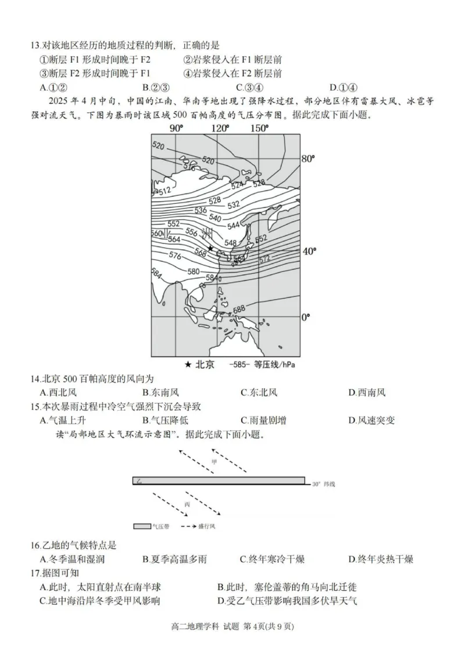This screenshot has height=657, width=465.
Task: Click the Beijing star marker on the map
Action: pos(210,248)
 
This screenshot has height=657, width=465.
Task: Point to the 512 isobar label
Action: pos(164,190)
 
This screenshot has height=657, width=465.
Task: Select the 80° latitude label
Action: pos(308,159)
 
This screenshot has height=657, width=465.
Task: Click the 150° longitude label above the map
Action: pos(259,128)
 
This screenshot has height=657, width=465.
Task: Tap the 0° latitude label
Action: pos(306,317)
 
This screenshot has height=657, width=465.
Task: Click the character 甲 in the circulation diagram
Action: pos(214,462)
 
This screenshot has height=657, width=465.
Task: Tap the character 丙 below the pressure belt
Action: pos(187,504)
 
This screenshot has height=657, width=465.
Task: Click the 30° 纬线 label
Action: pos(324,483)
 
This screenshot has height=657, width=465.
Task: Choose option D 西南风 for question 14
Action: pos(367,392)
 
